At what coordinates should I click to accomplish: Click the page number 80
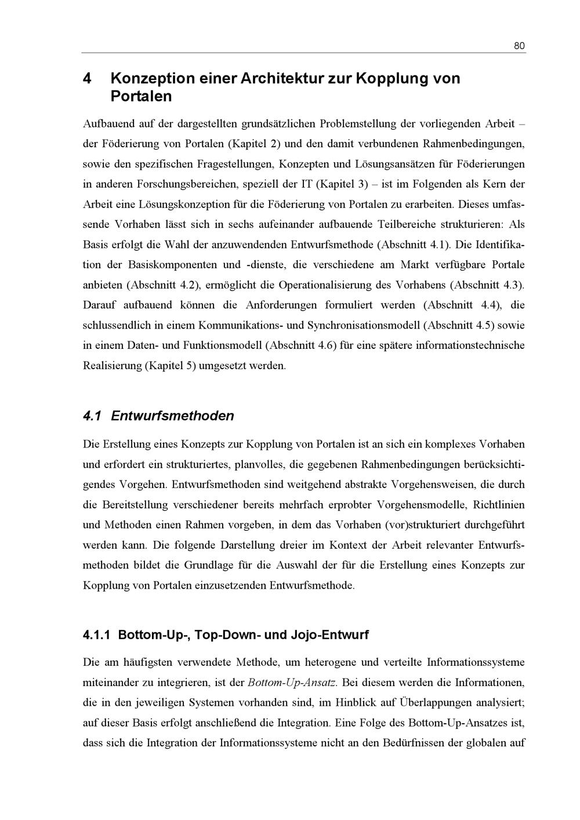coord(519,46)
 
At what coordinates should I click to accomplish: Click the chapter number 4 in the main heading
coord(88,78)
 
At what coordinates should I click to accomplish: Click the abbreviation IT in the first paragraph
coord(307,184)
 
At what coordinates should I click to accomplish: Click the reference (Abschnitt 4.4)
coord(462,305)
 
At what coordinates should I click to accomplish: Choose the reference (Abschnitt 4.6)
coord(300,345)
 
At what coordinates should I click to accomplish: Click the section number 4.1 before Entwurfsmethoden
coord(92,416)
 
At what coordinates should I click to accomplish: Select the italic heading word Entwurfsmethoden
coord(172,416)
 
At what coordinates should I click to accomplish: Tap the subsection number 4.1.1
coord(97,635)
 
